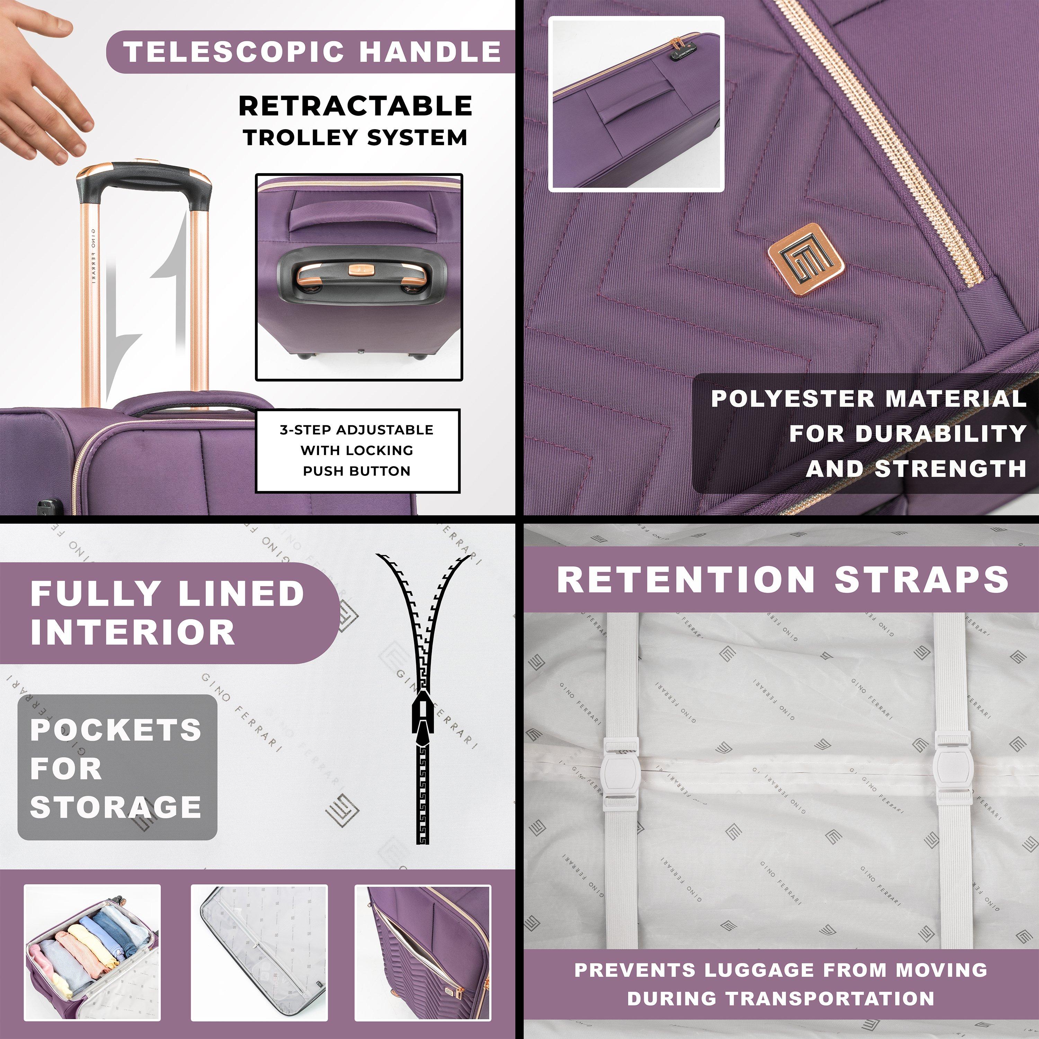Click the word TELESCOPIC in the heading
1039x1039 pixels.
pos(234,52)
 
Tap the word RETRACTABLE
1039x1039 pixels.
pos(355,106)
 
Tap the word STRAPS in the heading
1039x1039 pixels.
pos(921,580)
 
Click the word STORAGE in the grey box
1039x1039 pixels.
pos(116,807)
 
